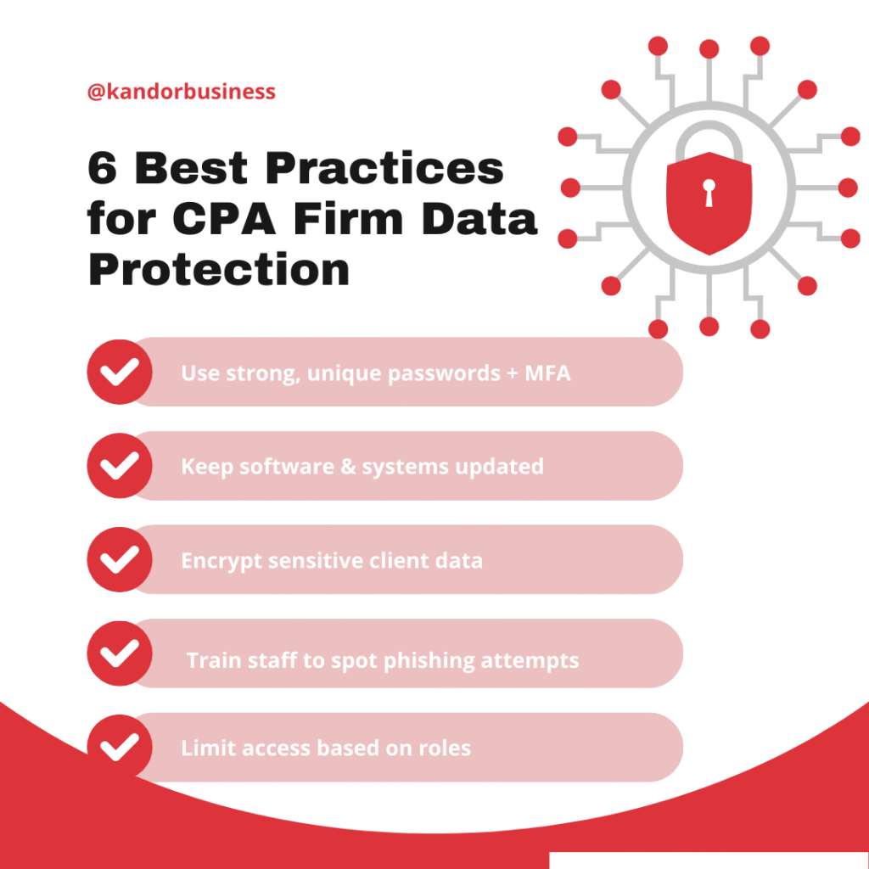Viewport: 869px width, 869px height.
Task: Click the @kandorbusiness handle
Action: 182,92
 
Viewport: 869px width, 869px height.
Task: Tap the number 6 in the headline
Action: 103,168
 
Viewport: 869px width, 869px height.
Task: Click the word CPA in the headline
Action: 224,219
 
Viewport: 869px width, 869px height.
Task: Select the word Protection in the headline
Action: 219,270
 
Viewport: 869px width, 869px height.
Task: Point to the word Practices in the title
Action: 384,168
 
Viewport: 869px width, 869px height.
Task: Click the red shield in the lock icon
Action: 709,203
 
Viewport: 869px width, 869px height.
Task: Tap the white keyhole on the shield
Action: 709,193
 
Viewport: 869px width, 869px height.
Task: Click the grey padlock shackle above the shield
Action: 709,140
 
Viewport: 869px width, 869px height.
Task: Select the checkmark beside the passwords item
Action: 120,372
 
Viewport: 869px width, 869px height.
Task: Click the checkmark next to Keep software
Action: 120,466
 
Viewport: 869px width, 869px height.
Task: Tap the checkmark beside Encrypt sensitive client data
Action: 120,560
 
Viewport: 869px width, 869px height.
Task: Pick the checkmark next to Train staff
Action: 120,653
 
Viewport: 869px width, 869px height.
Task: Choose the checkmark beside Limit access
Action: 120,747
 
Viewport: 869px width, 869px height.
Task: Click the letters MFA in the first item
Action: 547,373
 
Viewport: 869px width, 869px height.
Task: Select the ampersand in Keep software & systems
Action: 348,467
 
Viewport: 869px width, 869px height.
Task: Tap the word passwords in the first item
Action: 444,373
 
